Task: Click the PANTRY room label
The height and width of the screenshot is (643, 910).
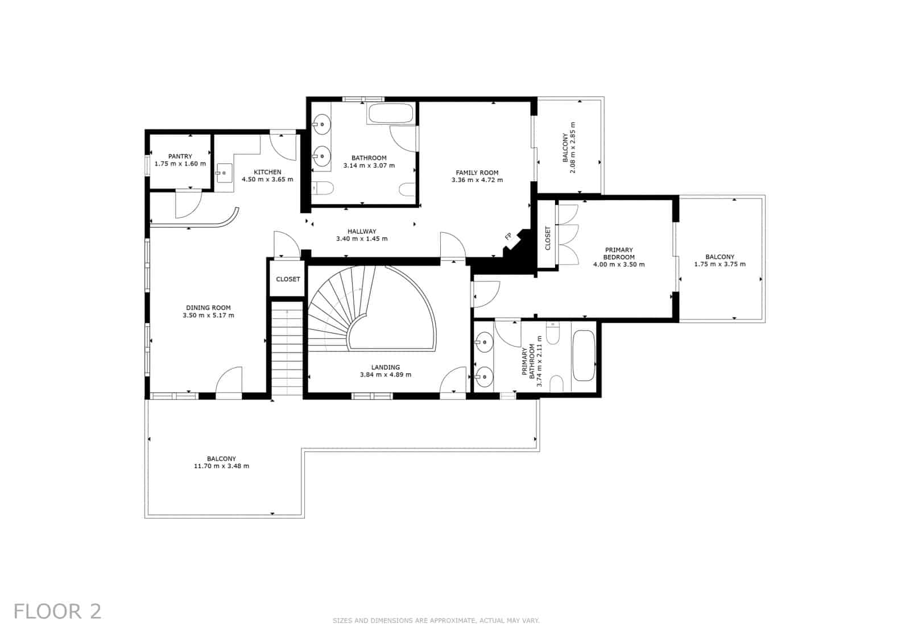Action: (180, 156)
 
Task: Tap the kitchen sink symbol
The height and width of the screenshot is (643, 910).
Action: (224, 172)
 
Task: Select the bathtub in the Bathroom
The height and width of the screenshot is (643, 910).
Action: (391, 113)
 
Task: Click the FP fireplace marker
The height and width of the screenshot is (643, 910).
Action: (508, 236)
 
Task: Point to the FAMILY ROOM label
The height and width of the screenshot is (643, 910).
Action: (477, 173)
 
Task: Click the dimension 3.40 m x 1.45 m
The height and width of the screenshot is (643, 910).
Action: (362, 239)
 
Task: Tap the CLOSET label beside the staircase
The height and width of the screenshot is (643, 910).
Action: (288, 279)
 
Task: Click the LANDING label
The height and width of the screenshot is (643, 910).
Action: (386, 368)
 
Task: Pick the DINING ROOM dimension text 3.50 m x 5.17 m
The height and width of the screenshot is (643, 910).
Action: (208, 315)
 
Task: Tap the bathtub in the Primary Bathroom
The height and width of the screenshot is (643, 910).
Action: (583, 356)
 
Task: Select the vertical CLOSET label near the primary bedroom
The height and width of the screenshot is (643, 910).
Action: (548, 238)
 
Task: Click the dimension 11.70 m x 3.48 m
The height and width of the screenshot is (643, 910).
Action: (221, 466)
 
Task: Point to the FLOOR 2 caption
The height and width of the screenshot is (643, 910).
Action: (57, 611)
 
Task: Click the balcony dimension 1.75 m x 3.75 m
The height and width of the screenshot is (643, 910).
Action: (719, 264)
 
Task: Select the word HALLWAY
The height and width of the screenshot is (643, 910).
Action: (362, 232)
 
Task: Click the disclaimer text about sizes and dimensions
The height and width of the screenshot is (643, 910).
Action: (436, 621)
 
